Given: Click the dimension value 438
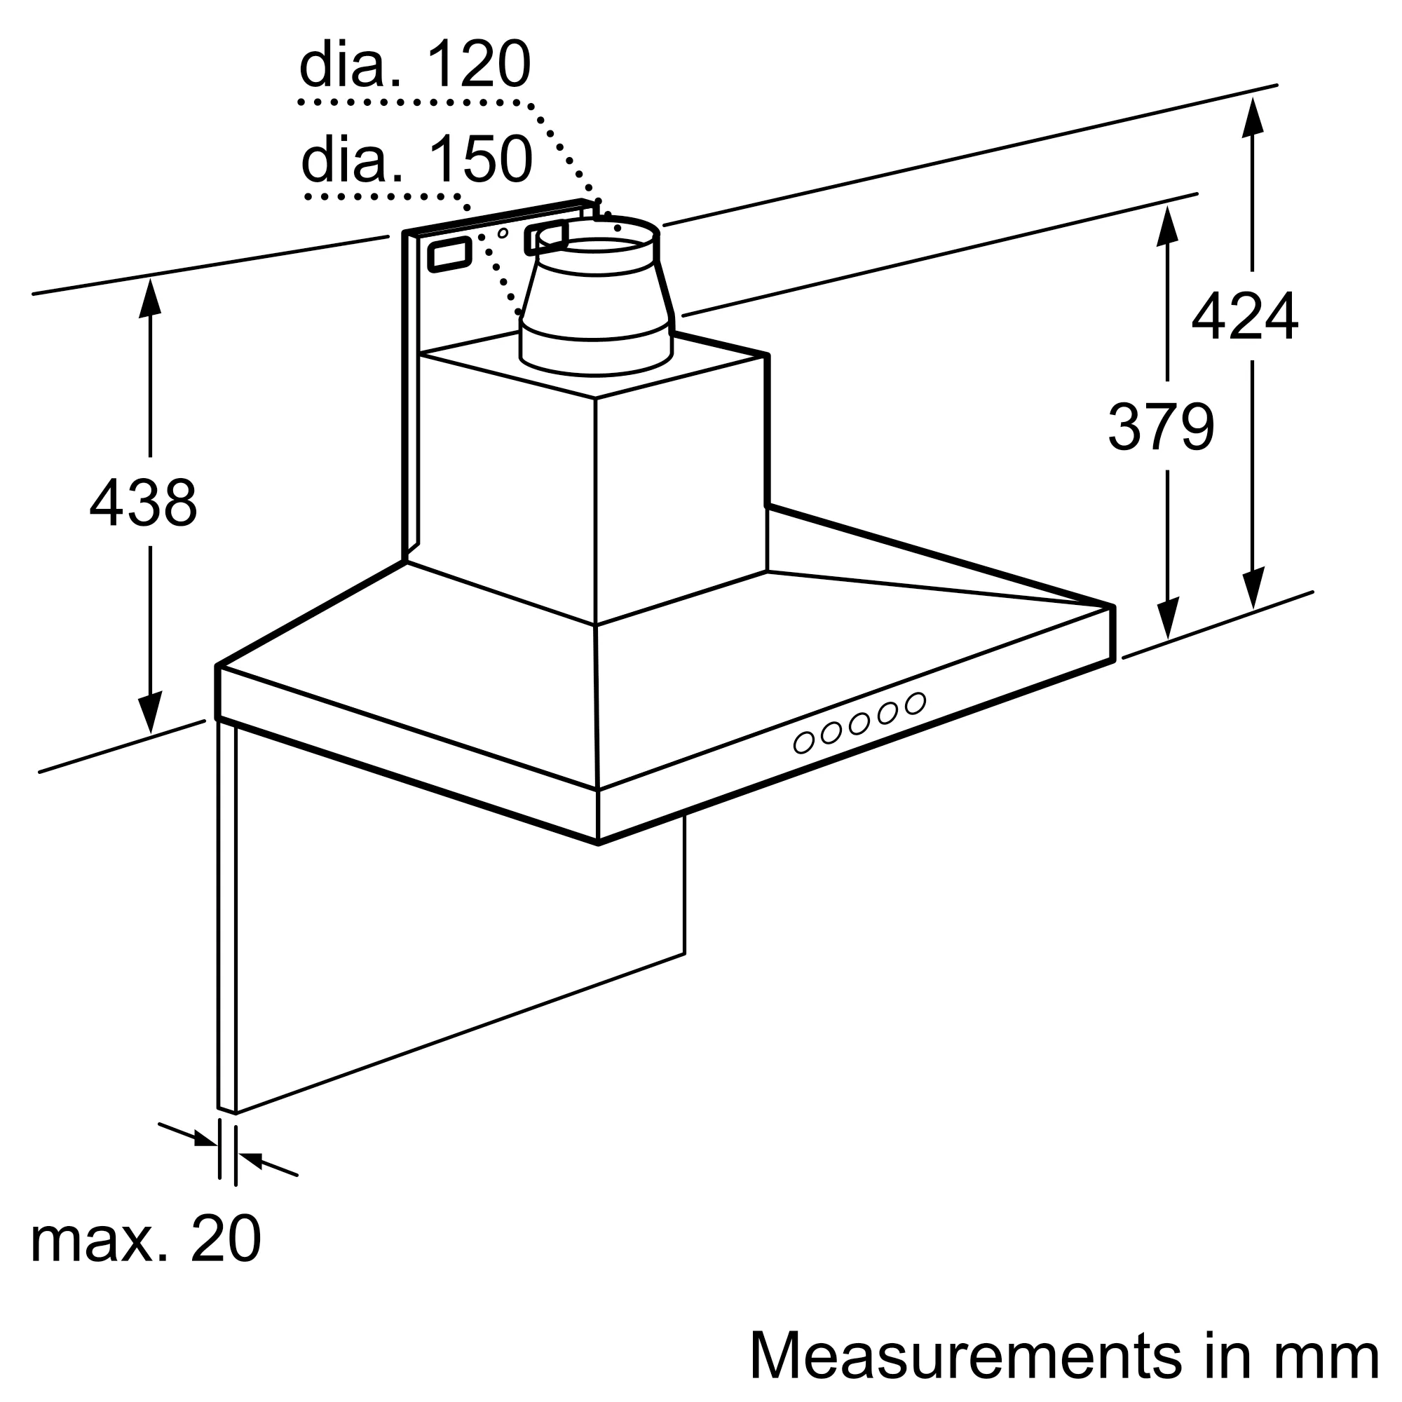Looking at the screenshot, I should click(x=143, y=502).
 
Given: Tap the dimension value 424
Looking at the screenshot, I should click(x=1244, y=316).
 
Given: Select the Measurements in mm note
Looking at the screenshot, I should click(x=1063, y=1355).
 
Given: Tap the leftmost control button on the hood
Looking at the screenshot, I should click(x=803, y=742).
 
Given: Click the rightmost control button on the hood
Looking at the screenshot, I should click(x=915, y=702).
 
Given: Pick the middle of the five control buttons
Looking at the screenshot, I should click(x=859, y=723).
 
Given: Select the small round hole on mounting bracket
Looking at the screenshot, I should click(x=502, y=233).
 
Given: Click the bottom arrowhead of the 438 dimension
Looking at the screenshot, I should click(x=150, y=712).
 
